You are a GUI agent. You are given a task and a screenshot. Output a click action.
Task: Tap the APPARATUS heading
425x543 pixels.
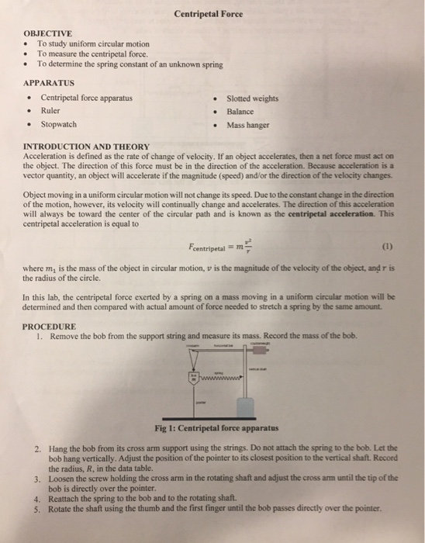(x=49, y=81)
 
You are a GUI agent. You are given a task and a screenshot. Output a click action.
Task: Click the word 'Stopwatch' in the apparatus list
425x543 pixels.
(x=58, y=124)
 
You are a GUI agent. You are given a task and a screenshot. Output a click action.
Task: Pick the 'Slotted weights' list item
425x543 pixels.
(x=253, y=99)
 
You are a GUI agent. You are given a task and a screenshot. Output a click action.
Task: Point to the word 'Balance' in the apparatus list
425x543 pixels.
(x=242, y=111)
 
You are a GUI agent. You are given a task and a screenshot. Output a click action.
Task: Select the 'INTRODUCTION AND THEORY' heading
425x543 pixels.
(x=87, y=146)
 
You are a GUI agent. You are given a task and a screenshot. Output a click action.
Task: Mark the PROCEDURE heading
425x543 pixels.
(x=50, y=327)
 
